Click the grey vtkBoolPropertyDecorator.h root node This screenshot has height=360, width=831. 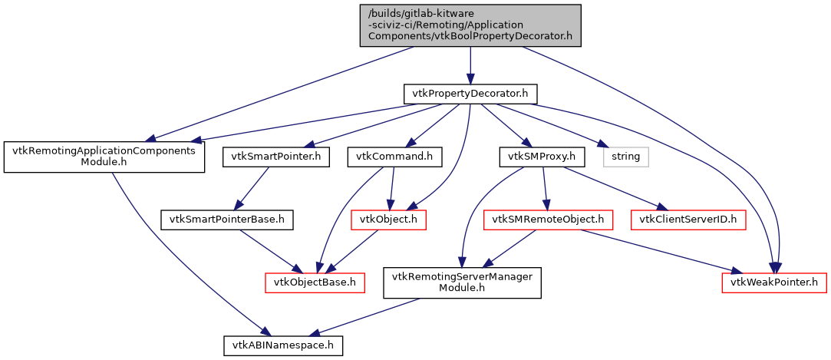pyautogui.click(x=470, y=25)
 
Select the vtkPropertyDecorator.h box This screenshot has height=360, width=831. pyautogui.click(x=470, y=94)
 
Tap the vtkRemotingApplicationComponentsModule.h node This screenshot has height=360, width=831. pyautogui.click(x=104, y=157)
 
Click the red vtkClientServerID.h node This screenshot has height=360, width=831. pyautogui.click(x=688, y=220)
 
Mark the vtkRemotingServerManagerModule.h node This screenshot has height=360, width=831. pyautogui.click(x=463, y=282)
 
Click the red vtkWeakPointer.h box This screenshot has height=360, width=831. pyautogui.click(x=774, y=282)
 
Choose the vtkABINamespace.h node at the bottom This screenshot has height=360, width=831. pyautogui.click(x=283, y=345)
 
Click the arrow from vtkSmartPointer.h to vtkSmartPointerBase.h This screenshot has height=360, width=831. pyautogui.click(x=253, y=187)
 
